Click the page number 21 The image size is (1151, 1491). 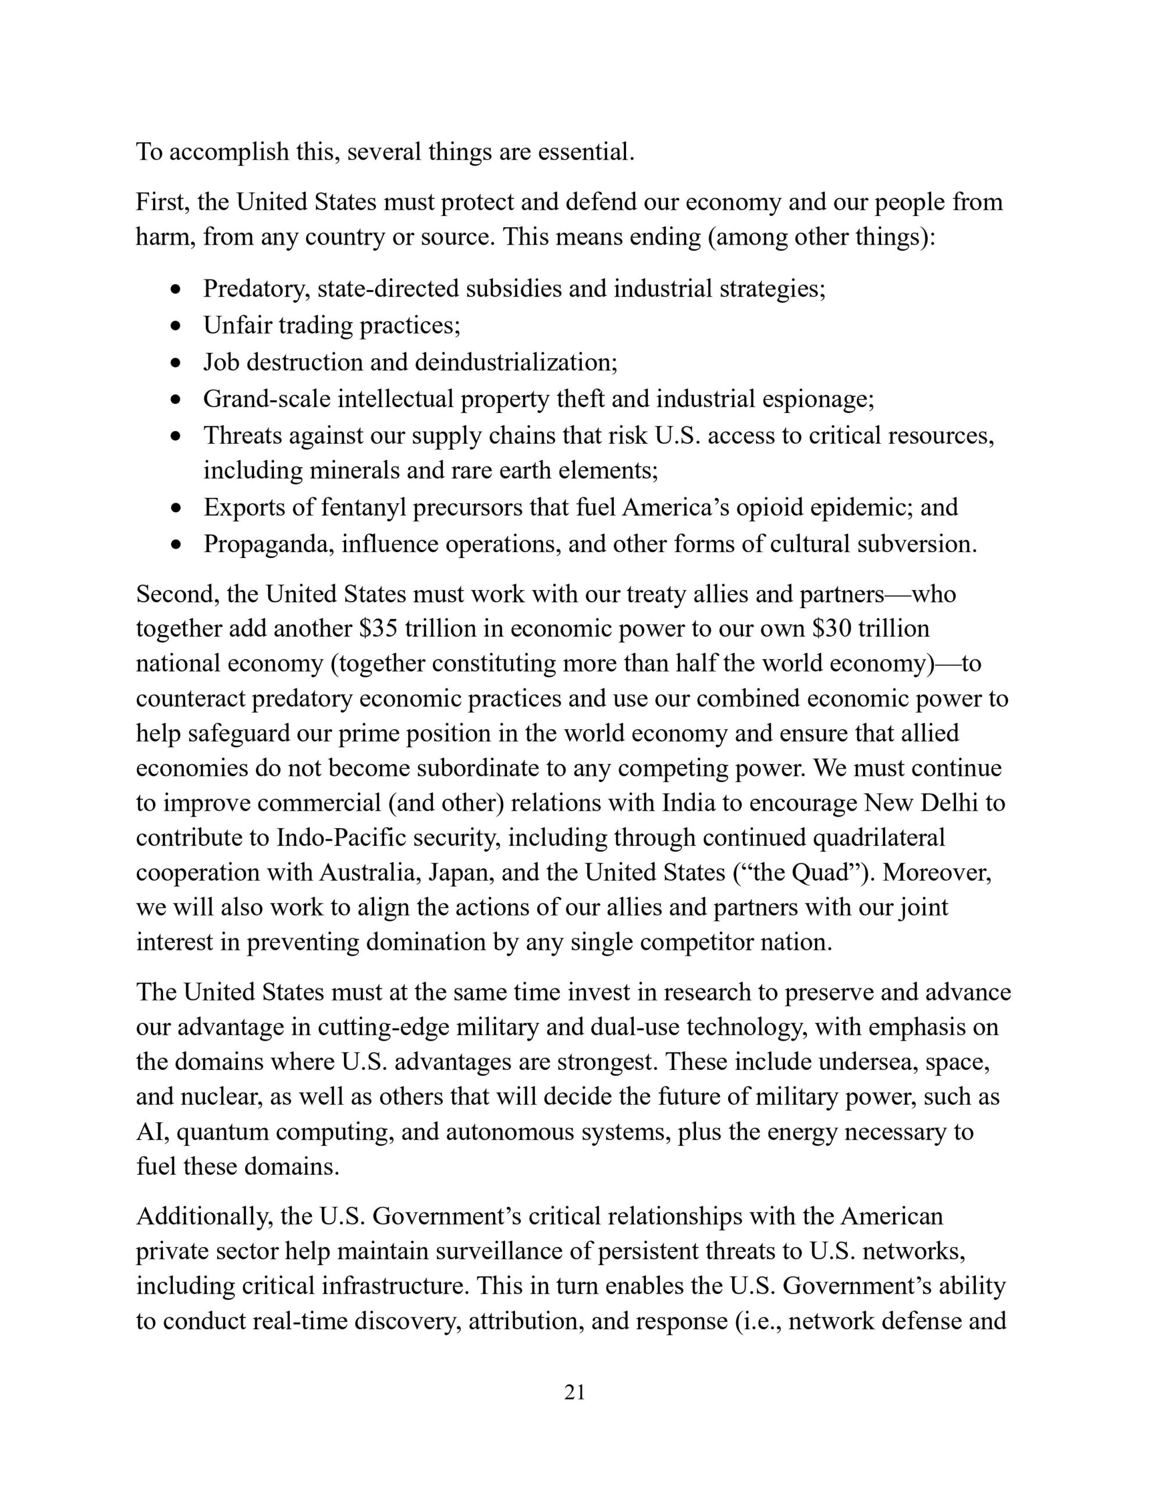click(x=574, y=1393)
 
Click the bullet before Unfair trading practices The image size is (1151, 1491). click(x=177, y=326)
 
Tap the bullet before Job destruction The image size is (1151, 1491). click(x=177, y=362)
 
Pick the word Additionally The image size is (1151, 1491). click(x=202, y=1217)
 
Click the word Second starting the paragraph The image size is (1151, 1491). click(x=177, y=595)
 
